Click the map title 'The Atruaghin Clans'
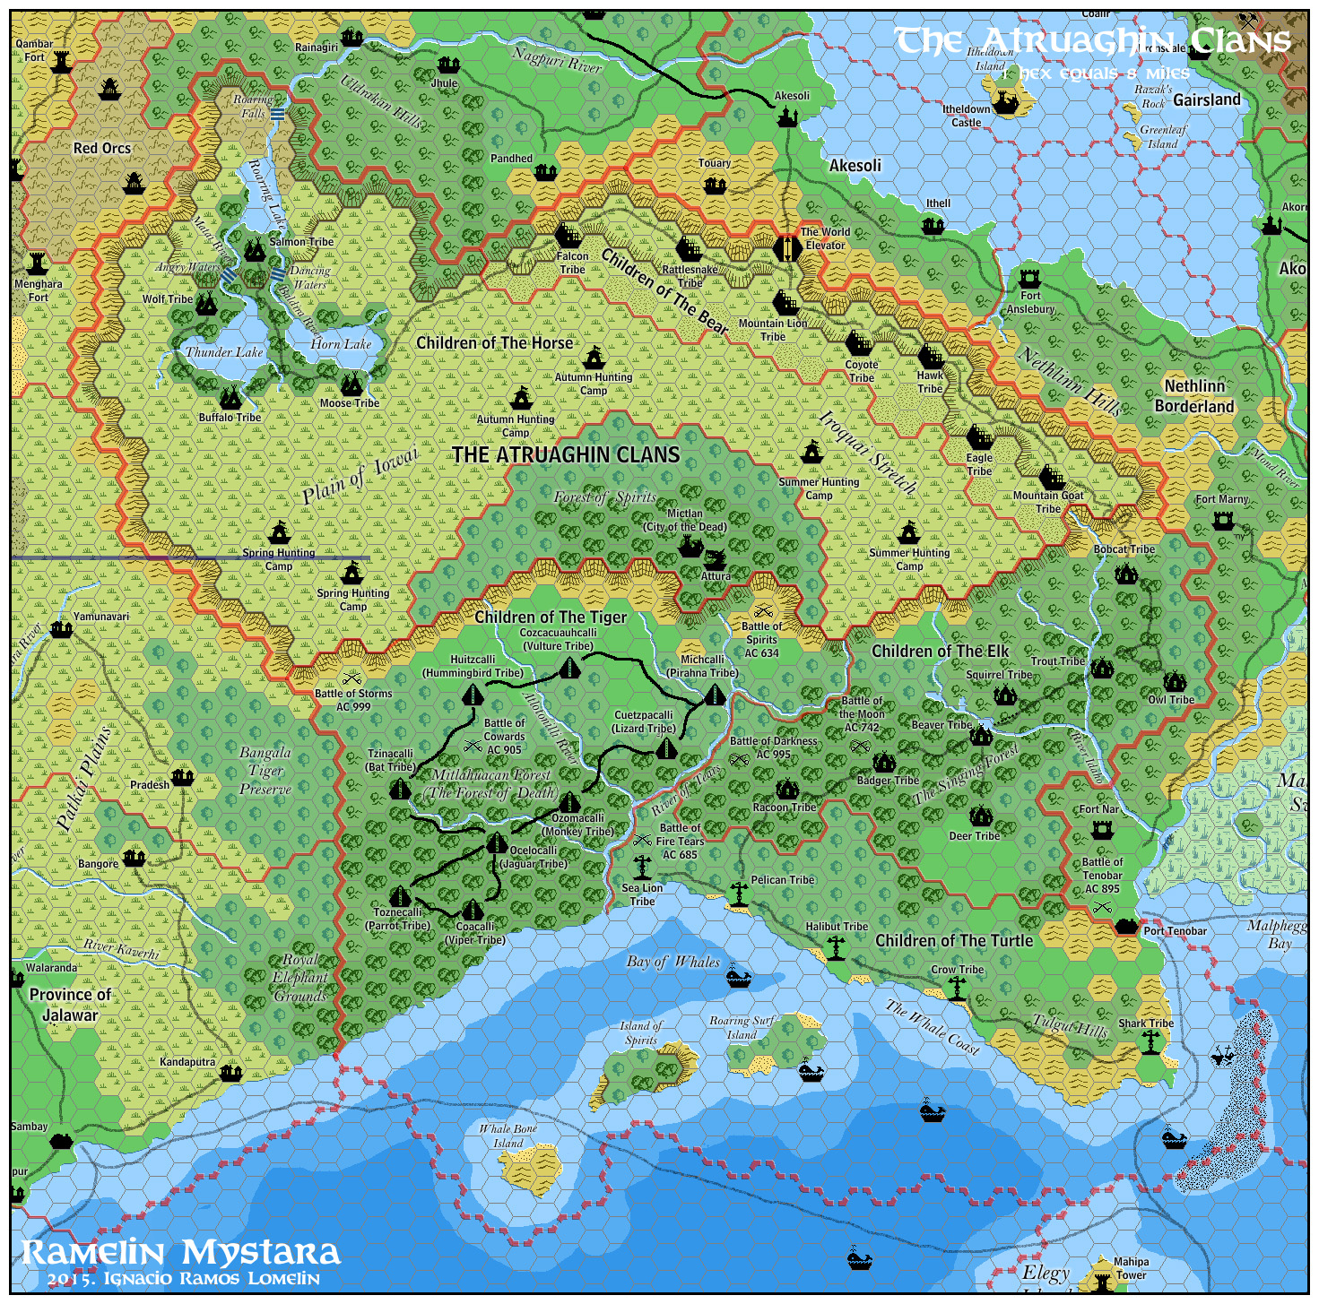1092,41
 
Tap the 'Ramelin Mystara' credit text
180,1252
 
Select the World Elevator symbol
787,248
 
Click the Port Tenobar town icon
1126,927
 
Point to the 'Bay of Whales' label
673,962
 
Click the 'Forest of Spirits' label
604,497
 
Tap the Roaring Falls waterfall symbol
278,114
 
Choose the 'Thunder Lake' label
224,352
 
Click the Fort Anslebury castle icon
1029,278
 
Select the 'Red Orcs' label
102,148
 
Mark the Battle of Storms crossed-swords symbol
351,678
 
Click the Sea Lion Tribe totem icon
642,867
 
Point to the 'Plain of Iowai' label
360,476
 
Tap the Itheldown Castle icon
1006,103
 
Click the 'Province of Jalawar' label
70,1005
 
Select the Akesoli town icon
787,117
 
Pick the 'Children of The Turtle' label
953,940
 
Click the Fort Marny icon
1222,520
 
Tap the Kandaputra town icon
230,1072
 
